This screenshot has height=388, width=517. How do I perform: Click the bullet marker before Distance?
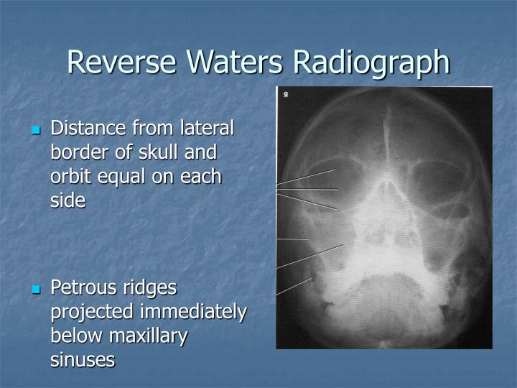35,131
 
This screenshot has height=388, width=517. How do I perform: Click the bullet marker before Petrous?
35,290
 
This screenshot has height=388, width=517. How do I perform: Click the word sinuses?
82,359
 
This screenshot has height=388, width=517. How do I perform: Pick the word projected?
92,312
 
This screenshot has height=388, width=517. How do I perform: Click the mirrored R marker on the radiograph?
285,94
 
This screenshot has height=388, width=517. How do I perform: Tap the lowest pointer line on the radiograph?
295,286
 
